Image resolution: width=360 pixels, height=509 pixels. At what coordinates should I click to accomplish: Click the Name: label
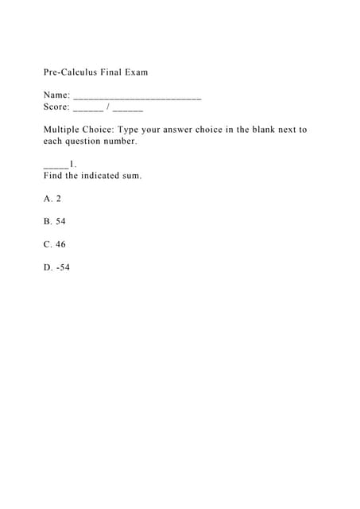56,95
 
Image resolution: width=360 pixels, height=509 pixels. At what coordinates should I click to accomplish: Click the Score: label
56,107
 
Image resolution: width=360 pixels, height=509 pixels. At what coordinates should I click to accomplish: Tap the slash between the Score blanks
108,107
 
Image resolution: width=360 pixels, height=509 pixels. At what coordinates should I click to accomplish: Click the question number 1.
72,165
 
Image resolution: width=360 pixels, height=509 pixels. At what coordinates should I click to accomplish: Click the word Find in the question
52,176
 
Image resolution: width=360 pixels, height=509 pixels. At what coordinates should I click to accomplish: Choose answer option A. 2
52,199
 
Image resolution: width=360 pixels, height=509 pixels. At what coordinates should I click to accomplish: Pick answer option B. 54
55,222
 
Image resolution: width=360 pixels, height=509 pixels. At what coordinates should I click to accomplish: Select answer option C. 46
55,245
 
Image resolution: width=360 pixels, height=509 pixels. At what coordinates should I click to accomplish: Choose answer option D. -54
57,268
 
